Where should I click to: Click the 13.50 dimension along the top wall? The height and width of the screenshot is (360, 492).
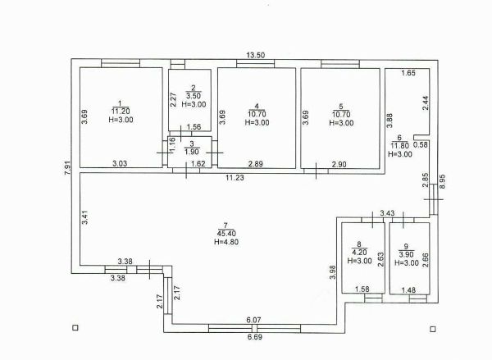click(255, 55)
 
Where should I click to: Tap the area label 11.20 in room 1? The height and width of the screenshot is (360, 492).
click(121, 111)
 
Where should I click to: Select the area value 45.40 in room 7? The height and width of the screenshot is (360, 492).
click(226, 234)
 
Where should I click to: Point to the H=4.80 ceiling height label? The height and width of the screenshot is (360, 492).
click(226, 242)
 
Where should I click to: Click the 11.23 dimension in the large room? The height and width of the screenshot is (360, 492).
click(235, 178)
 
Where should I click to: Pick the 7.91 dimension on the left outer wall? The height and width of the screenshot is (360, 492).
click(67, 168)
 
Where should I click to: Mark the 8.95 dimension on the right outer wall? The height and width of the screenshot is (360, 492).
click(442, 181)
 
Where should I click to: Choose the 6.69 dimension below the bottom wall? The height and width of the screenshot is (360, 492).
click(254, 337)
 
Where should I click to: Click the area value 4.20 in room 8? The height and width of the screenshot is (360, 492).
click(360, 252)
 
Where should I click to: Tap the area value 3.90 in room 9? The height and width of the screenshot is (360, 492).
click(407, 254)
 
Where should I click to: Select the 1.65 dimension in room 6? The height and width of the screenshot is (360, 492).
click(408, 73)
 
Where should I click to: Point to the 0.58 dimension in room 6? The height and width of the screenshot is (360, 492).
click(421, 144)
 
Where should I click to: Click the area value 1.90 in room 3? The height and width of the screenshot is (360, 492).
click(191, 152)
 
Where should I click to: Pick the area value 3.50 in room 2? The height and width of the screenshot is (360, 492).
click(194, 96)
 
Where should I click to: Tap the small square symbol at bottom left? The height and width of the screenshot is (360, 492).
click(75, 328)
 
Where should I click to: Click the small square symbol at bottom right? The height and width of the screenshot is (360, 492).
click(433, 329)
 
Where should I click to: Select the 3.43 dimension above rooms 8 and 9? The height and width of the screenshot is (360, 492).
click(387, 213)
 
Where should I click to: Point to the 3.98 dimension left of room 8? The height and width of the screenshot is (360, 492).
click(333, 272)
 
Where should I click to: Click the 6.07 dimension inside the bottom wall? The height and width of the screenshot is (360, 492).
click(253, 320)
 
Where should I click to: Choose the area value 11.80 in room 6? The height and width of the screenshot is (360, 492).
click(400, 146)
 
